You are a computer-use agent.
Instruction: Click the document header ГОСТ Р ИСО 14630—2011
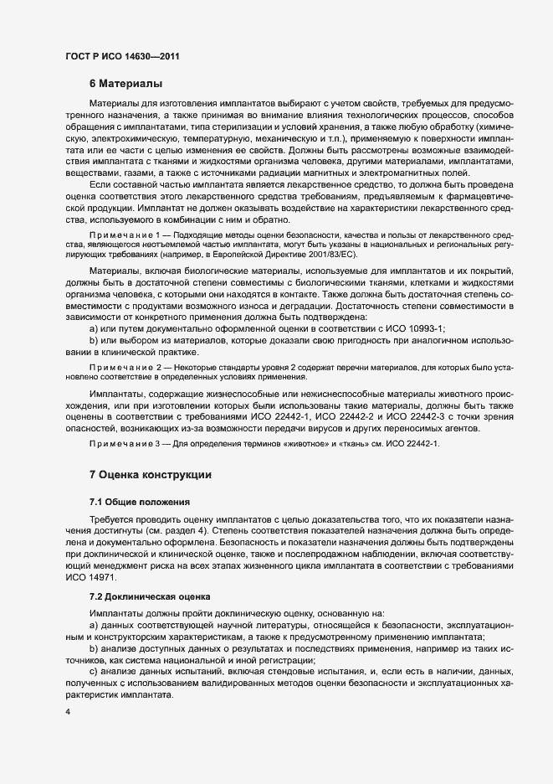click(122, 56)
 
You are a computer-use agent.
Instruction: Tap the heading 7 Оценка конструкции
click(150, 475)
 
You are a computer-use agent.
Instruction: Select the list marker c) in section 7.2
click(93, 673)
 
